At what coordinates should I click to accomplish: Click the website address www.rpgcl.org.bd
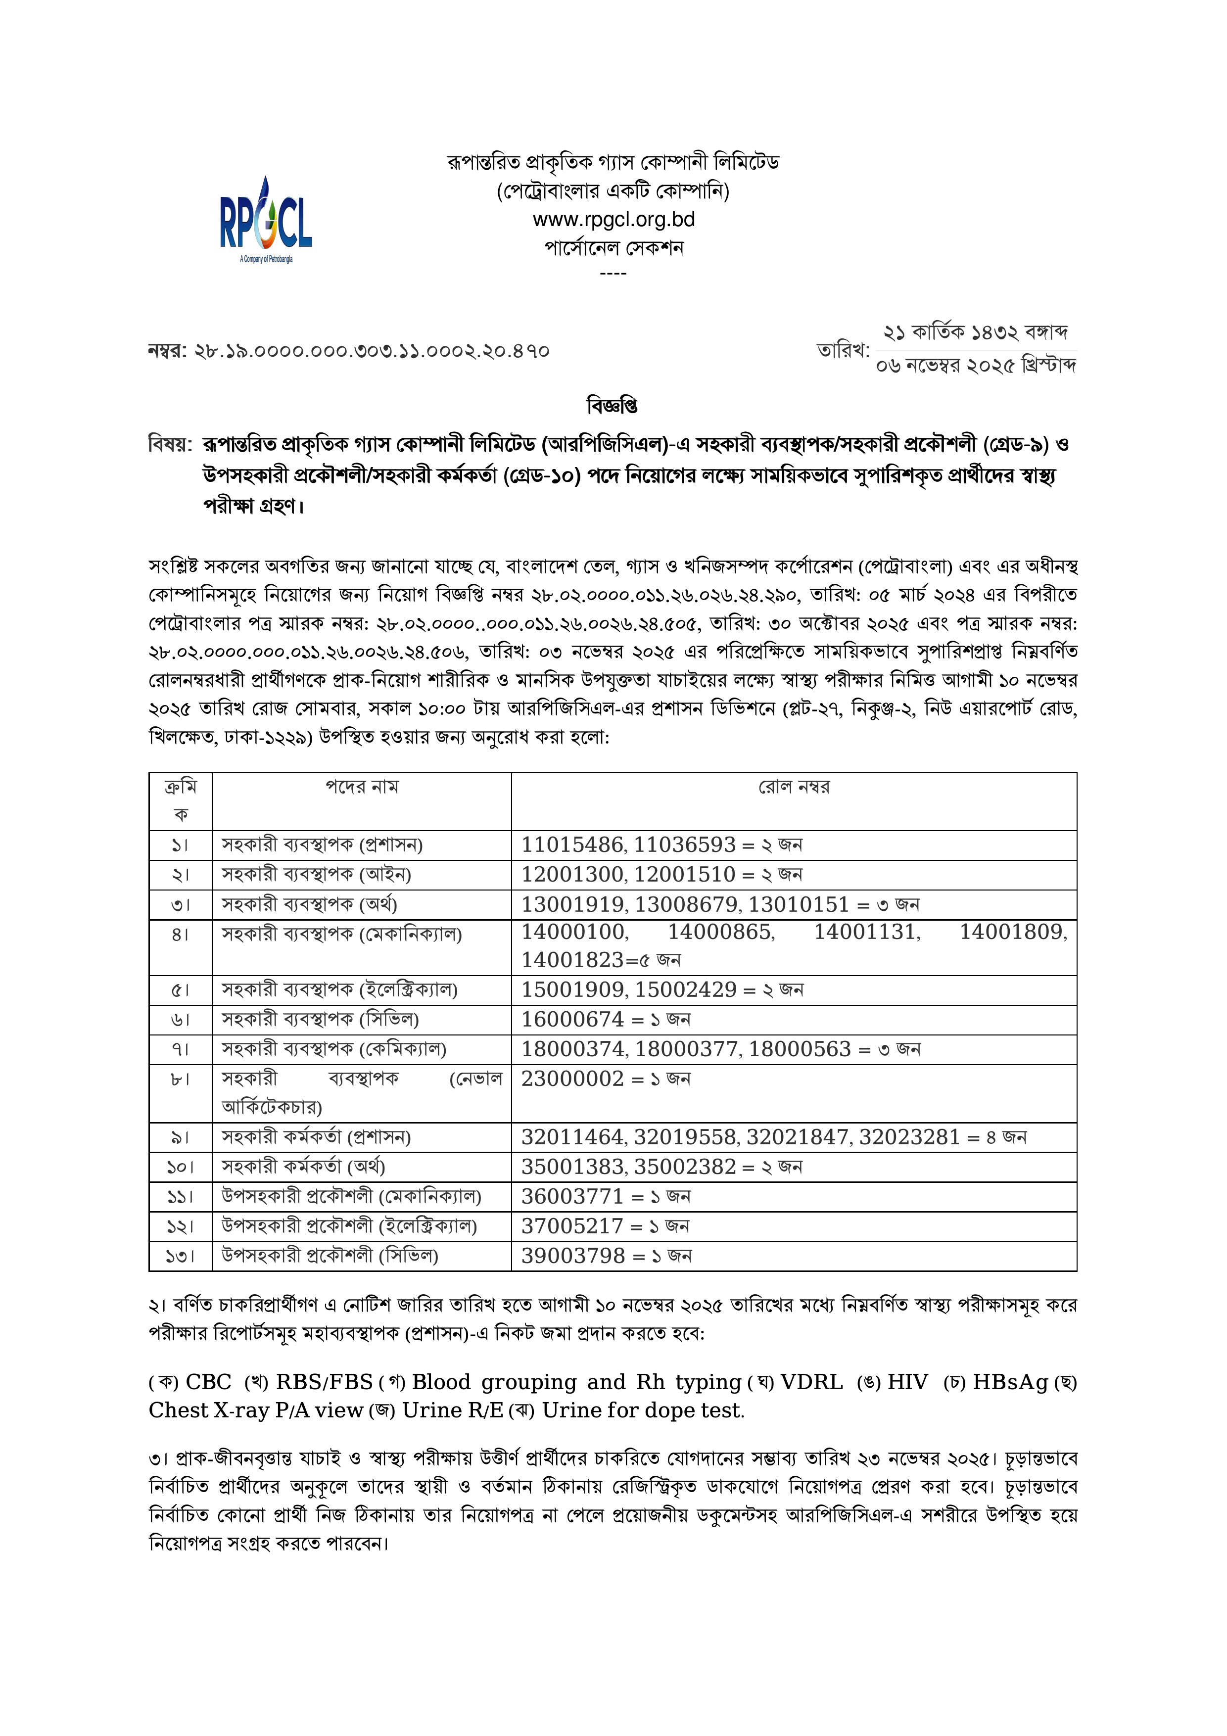coord(613,219)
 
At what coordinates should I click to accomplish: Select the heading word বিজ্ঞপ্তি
coord(613,406)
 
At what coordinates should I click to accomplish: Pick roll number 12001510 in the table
coord(685,874)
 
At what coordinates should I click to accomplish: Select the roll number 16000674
coord(572,1019)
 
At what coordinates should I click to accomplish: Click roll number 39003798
coord(572,1256)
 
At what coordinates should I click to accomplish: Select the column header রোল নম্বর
coord(794,787)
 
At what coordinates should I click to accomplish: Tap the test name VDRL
coord(811,1382)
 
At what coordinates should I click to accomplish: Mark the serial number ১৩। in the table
coord(180,1256)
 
